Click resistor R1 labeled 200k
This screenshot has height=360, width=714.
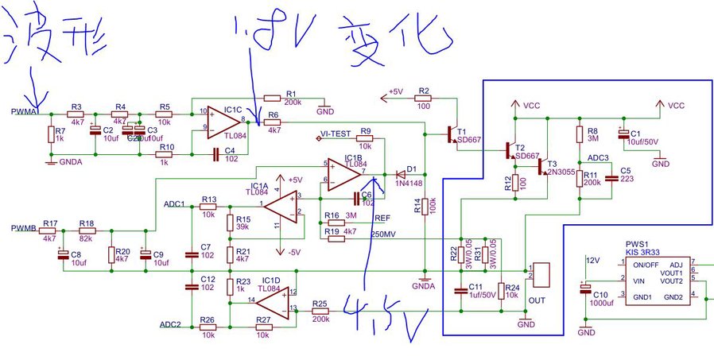tap(272, 99)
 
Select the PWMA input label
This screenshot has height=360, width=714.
tap(25, 113)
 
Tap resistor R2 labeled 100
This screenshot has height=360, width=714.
tap(424, 98)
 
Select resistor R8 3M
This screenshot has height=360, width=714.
tap(580, 133)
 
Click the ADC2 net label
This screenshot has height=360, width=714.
tap(172, 324)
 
